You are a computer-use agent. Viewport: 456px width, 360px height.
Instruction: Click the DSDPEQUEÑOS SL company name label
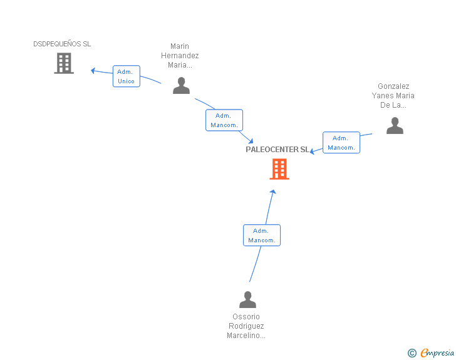pyautogui.click(x=62, y=44)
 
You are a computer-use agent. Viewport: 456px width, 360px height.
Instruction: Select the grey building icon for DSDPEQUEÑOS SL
pyautogui.click(x=64, y=63)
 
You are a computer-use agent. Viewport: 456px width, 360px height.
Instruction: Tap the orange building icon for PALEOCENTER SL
pyautogui.click(x=279, y=169)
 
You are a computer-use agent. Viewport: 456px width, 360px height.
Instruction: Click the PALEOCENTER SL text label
pyautogui.click(x=277, y=150)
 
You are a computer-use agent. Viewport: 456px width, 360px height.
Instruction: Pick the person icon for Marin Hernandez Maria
pyautogui.click(x=181, y=86)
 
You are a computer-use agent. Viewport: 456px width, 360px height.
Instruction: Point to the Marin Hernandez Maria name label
pyautogui.click(x=180, y=55)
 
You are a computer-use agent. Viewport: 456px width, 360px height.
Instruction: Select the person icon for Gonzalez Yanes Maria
pyautogui.click(x=395, y=126)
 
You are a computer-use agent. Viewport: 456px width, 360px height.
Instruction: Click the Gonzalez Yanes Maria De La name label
pyautogui.click(x=393, y=96)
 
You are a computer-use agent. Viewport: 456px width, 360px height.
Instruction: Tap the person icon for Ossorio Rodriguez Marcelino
pyautogui.click(x=247, y=300)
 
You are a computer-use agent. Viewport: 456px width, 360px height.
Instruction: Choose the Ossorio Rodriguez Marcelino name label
pyautogui.click(x=246, y=326)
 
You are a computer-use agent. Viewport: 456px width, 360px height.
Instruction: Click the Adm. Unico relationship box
pyautogui.click(x=126, y=76)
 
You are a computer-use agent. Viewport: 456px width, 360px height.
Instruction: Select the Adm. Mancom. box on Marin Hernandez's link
pyautogui.click(x=224, y=120)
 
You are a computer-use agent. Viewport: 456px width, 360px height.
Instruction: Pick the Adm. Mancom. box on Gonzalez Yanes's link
pyautogui.click(x=341, y=143)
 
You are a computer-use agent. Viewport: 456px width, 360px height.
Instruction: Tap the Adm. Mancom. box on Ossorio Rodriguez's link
pyautogui.click(x=261, y=235)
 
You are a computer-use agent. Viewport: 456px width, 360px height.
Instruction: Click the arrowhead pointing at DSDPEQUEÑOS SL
pyautogui.click(x=93, y=70)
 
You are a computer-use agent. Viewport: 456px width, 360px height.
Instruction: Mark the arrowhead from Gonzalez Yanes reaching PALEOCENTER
pyautogui.click(x=313, y=151)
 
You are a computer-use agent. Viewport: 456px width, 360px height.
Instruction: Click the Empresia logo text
pyautogui.click(x=437, y=353)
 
